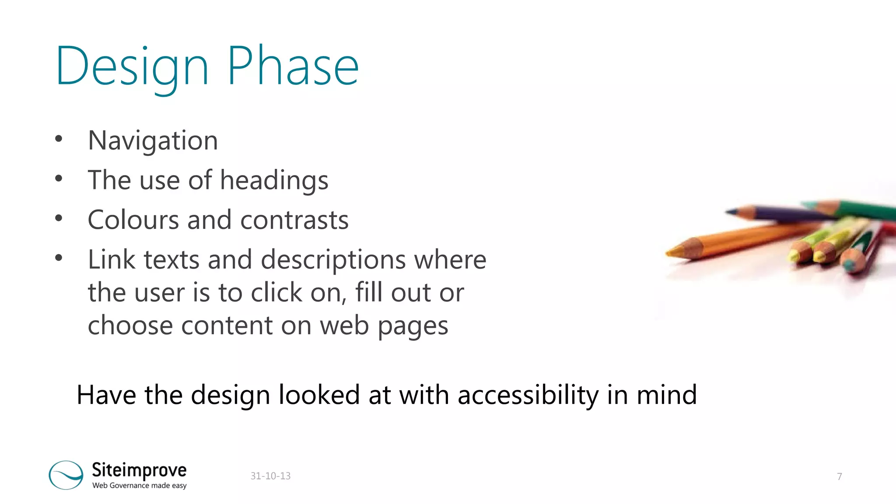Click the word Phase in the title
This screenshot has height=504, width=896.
[x=293, y=67]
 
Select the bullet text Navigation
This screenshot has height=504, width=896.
[x=153, y=141]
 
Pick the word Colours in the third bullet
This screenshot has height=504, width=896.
[x=133, y=220]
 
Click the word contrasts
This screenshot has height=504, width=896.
[x=294, y=220]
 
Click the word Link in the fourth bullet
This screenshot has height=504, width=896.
[x=111, y=259]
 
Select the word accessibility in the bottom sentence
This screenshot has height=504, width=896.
[x=528, y=395]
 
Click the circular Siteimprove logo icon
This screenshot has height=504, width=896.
[x=66, y=475]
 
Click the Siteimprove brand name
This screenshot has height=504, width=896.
[x=139, y=470]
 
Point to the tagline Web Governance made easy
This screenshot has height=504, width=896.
[x=139, y=486]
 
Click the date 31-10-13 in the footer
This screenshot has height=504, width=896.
[x=270, y=476]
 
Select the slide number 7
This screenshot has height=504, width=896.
[x=839, y=476]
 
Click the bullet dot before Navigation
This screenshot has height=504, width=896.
[x=59, y=140]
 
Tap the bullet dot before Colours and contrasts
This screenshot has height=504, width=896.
[x=59, y=218]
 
